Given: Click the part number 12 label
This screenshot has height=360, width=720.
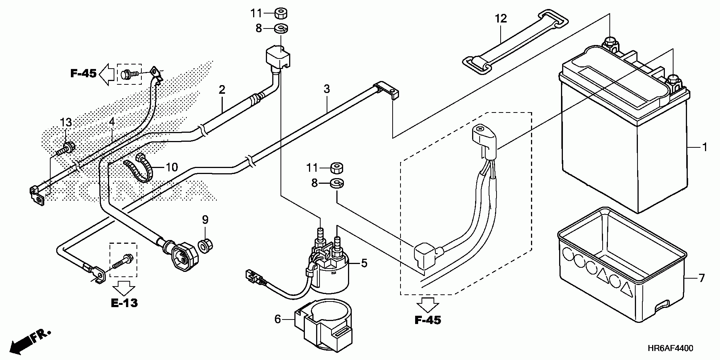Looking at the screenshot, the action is (x=501, y=18).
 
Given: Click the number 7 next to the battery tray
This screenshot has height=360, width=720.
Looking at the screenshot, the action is (x=701, y=278).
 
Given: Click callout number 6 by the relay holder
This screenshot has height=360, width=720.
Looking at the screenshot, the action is (x=277, y=319).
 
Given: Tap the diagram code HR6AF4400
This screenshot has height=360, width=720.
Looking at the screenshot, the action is (x=669, y=348).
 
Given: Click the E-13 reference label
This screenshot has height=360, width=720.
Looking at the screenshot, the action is (x=124, y=303).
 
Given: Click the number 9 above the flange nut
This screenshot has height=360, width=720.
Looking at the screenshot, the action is (x=205, y=220).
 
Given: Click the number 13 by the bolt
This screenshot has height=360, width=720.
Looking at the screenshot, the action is (x=66, y=123).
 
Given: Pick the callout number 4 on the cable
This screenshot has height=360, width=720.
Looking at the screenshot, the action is (x=112, y=123).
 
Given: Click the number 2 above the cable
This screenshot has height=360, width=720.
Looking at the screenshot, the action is (x=222, y=90).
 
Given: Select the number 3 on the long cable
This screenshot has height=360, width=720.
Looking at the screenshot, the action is (x=327, y=89).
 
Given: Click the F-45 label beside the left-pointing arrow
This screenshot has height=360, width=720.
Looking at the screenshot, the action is (x=83, y=73).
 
